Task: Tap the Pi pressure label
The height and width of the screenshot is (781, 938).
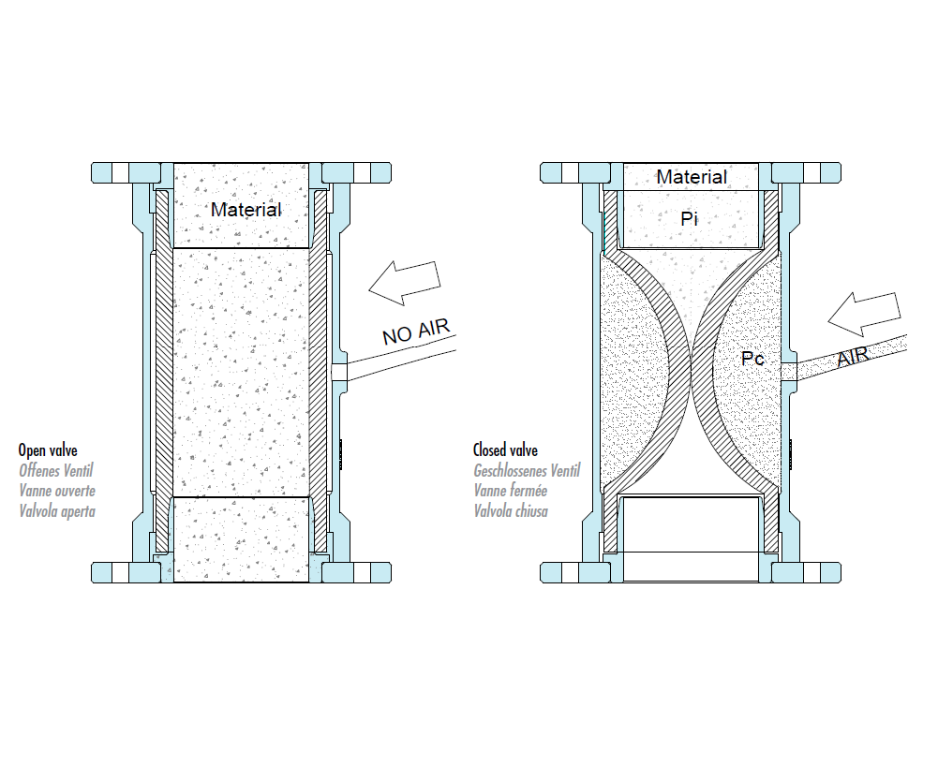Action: click(690, 218)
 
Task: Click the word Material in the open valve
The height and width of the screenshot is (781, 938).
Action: click(246, 210)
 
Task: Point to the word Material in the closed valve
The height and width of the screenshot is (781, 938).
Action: click(691, 177)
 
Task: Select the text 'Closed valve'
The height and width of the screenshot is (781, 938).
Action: click(506, 451)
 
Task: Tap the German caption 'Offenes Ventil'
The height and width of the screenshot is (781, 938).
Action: click(57, 471)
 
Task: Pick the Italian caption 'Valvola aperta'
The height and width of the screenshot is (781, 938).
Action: click(57, 510)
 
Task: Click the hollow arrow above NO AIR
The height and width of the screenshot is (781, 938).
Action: click(404, 281)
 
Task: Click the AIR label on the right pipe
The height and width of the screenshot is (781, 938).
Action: click(853, 357)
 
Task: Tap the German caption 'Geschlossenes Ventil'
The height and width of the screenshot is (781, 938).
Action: click(527, 471)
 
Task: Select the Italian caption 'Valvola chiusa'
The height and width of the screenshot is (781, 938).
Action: click(511, 510)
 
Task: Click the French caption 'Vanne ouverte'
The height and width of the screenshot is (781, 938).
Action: click(57, 491)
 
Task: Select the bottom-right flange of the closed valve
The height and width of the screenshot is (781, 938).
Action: click(805, 572)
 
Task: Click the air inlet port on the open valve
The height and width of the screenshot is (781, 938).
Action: click(340, 373)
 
